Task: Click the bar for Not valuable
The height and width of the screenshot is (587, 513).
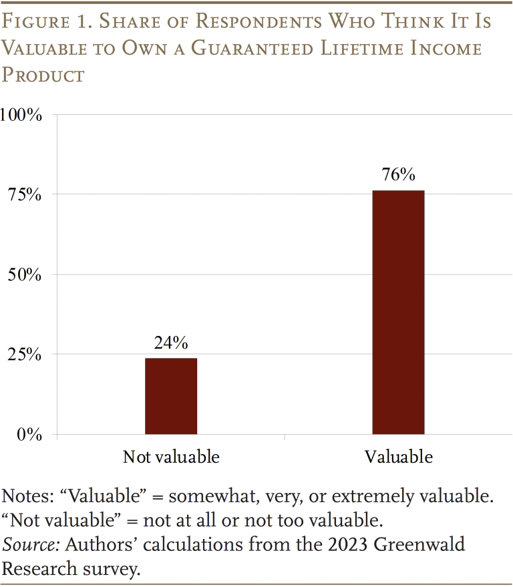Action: (171, 396)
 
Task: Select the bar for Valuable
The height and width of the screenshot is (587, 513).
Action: (398, 313)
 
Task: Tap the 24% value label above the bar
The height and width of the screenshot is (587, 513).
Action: (171, 343)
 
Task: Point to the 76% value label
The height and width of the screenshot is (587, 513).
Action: (398, 175)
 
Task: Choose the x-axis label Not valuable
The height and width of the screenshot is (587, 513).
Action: (171, 457)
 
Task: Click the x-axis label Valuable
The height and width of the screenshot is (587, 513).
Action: (398, 457)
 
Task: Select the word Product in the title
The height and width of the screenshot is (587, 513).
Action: (43, 74)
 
